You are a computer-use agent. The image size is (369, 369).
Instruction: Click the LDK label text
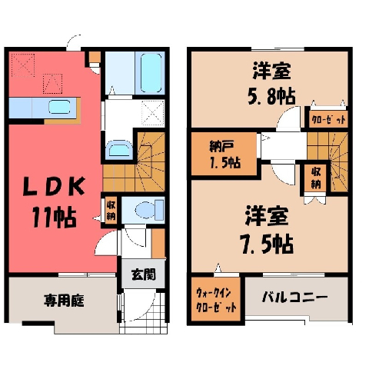click(x=54, y=186)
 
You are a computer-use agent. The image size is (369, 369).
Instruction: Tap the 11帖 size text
click(x=55, y=218)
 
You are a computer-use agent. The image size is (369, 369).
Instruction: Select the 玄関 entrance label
click(x=143, y=275)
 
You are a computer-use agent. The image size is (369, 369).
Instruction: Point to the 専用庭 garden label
click(x=64, y=301)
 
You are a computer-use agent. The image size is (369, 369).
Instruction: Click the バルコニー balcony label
click(x=294, y=298)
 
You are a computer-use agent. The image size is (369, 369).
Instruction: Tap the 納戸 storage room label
click(x=221, y=147)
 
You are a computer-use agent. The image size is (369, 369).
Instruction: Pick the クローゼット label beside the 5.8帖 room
click(x=328, y=119)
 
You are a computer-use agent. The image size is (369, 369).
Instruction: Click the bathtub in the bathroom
click(x=151, y=73)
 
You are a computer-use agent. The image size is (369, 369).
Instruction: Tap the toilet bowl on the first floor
click(x=145, y=210)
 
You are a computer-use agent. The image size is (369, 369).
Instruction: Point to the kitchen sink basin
click(x=59, y=107)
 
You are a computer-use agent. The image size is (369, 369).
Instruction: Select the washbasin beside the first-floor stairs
click(x=119, y=149)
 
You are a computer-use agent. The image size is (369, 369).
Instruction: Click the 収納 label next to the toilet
click(x=111, y=211)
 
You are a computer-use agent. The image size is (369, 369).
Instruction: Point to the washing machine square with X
click(x=153, y=113)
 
